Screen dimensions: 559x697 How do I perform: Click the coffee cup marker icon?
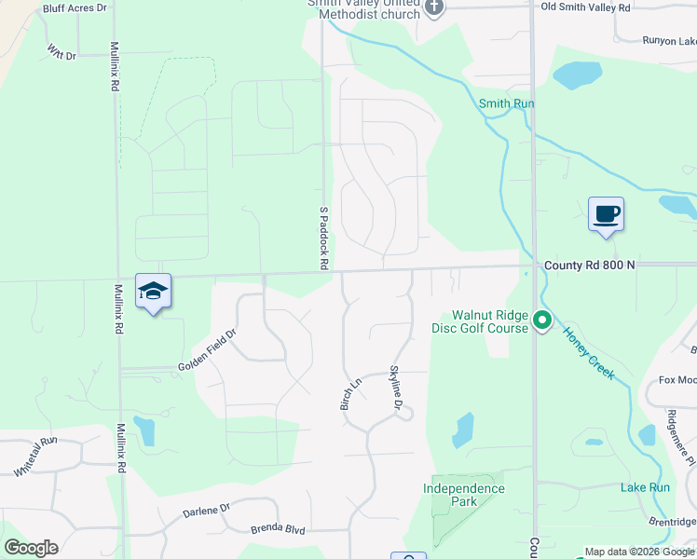pyautogui.click(x=606, y=214)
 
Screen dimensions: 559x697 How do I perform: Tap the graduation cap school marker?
pyautogui.click(x=153, y=292)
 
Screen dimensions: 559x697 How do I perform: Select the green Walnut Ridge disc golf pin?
pyautogui.click(x=542, y=322)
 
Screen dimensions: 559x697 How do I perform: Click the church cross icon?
pyautogui.click(x=433, y=8)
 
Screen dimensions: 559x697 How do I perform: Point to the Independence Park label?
pyautogui.click(x=463, y=495)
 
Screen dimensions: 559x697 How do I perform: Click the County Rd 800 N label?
pyautogui.click(x=589, y=266)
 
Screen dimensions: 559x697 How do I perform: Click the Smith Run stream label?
pyautogui.click(x=506, y=104)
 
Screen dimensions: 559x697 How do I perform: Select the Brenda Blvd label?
pyautogui.click(x=278, y=529)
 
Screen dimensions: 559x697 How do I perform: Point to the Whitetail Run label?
pyautogui.click(x=35, y=457)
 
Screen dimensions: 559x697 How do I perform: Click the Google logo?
pyautogui.click(x=31, y=548)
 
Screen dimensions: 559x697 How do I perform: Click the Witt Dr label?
pyautogui.click(x=60, y=54)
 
